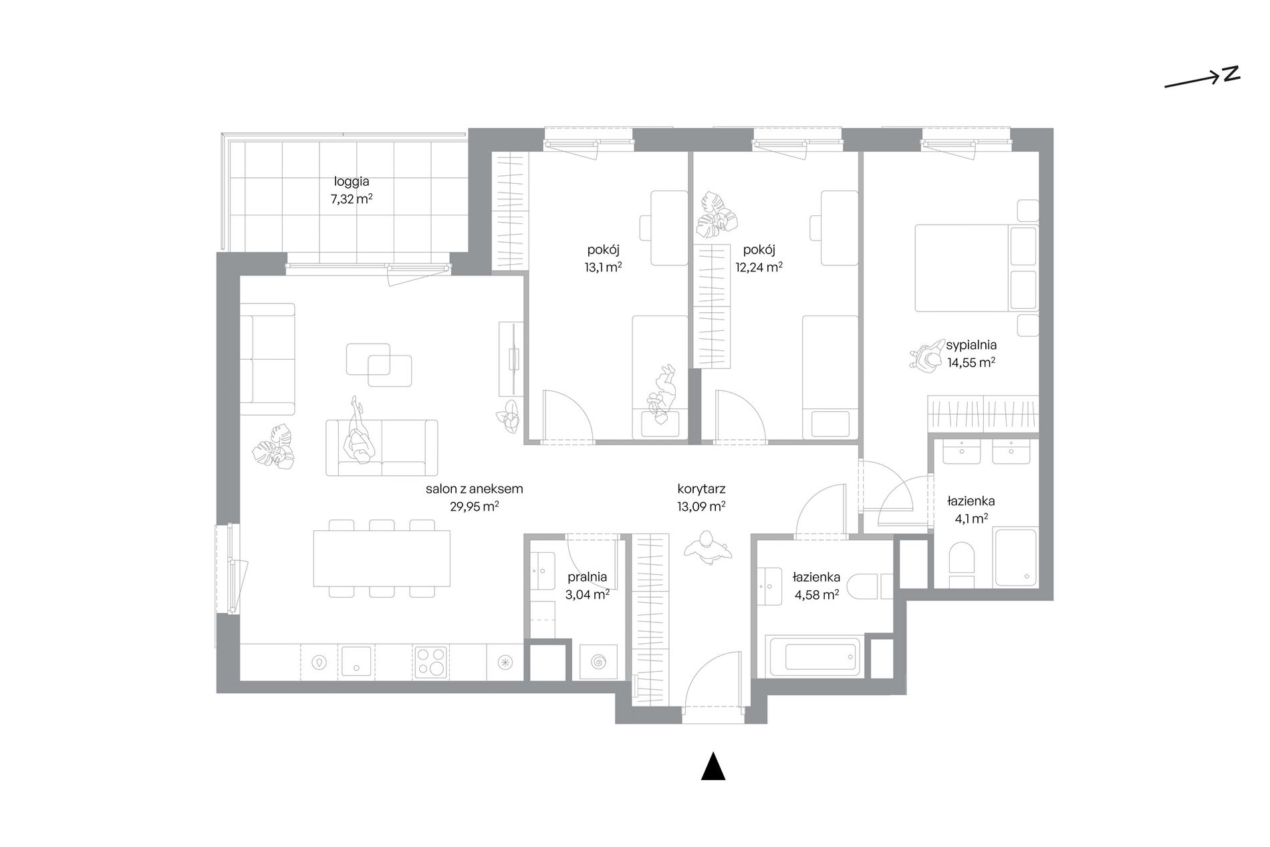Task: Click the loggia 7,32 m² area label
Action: pos(351,189)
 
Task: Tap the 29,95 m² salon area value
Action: pos(474,506)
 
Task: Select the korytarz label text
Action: pos(701,489)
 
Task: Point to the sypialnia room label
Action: pos(971,346)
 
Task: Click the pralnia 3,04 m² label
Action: pos(587,585)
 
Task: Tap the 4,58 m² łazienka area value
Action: pos(816,594)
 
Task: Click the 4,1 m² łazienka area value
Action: pos(971,517)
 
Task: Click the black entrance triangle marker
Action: pos(713,766)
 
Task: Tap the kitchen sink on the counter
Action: pos(357,662)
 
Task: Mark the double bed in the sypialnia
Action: pos(976,268)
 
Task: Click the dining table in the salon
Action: pos(382,558)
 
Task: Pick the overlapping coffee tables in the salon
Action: pos(378,364)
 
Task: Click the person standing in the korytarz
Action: pos(708,548)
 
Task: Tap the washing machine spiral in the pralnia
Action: pos(598,662)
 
